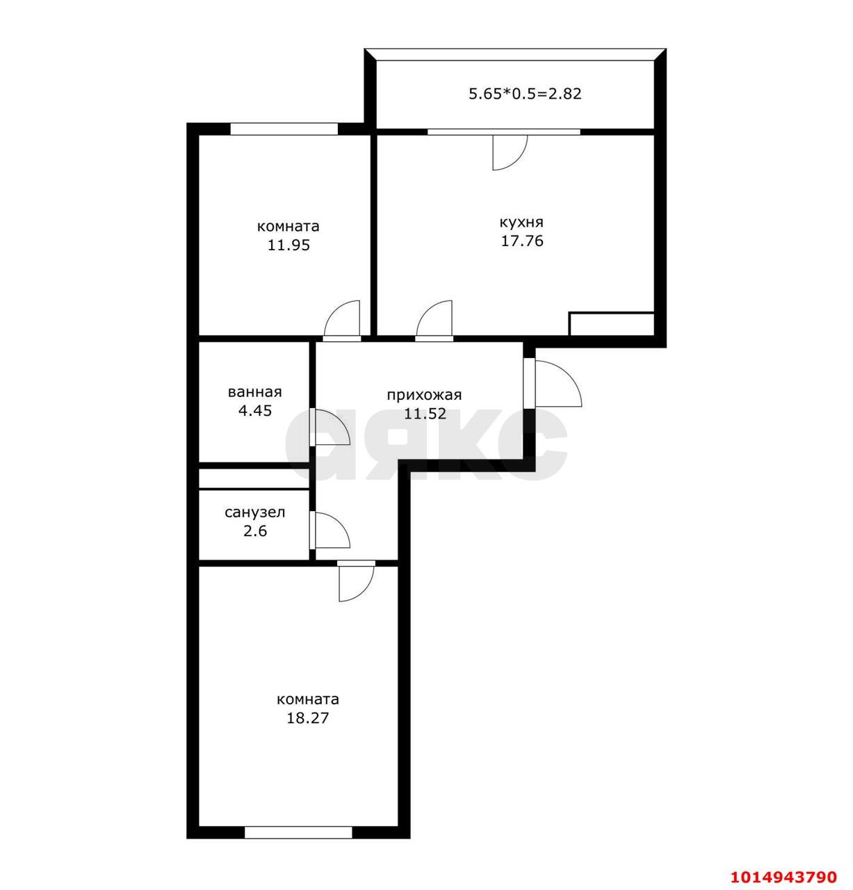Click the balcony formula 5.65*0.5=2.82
pyautogui.click(x=525, y=93)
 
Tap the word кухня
pyautogui.click(x=521, y=222)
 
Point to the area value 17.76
pyautogui.click(x=522, y=241)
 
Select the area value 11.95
pyautogui.click(x=289, y=245)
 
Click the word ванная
pyautogui.click(x=254, y=392)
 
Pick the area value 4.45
pyautogui.click(x=255, y=410)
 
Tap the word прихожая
pyautogui.click(x=424, y=396)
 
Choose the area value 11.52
pyautogui.click(x=425, y=414)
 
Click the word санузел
pyautogui.click(x=254, y=512)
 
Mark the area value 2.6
pyautogui.click(x=255, y=531)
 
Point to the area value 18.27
pyautogui.click(x=307, y=718)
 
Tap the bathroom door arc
pyautogui.click(x=331, y=427)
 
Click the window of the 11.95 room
pyautogui.click(x=284, y=129)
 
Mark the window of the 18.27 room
pyautogui.click(x=298, y=832)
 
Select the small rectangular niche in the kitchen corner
pyautogui.click(x=612, y=324)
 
